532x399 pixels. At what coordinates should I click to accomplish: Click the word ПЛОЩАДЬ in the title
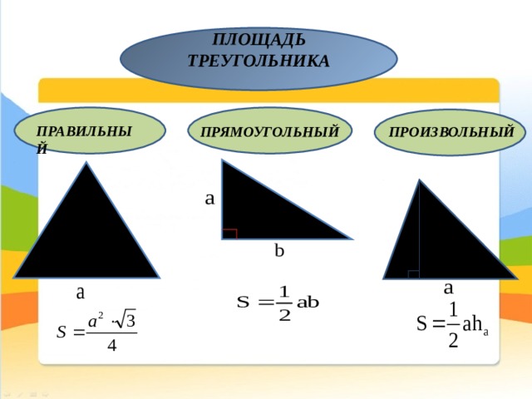(259, 39)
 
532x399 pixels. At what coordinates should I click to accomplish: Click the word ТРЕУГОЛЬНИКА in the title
(259, 61)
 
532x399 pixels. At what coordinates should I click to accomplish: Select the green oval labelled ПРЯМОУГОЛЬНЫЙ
(269, 131)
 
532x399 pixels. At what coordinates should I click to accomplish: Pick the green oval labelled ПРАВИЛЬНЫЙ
(90, 131)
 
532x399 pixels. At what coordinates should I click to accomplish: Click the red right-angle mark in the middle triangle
(229, 234)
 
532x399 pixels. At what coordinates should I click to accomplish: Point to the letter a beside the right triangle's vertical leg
(209, 199)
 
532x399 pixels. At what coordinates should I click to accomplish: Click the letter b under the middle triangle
(279, 251)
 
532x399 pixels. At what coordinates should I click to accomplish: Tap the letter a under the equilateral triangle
(80, 293)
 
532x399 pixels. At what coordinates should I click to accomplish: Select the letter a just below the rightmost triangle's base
(448, 288)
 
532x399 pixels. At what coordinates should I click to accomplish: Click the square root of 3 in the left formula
(125, 319)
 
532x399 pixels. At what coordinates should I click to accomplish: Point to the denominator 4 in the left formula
(111, 346)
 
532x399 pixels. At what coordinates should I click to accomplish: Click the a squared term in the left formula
(96, 321)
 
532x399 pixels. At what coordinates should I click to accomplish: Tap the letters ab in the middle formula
(308, 303)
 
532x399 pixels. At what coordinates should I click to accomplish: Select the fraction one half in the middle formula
(284, 303)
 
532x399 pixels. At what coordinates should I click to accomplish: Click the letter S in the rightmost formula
(421, 323)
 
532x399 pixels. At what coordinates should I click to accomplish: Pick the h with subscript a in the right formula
(480, 325)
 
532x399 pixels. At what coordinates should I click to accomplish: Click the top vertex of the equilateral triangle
(86, 162)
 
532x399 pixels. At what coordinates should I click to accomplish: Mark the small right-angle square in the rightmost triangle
(414, 274)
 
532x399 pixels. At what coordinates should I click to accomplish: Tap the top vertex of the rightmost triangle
(420, 180)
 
